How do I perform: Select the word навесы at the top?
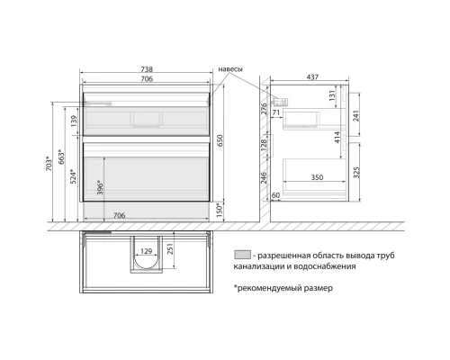231,69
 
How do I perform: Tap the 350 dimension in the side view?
318,178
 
